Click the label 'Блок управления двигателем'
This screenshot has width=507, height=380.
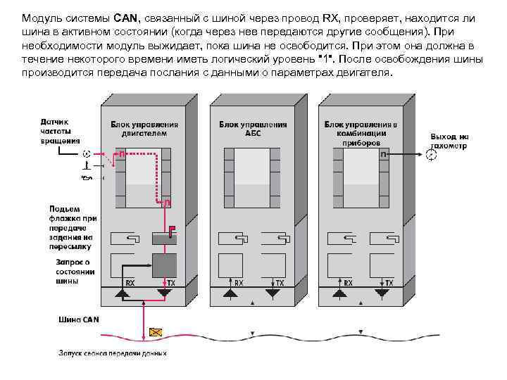144,129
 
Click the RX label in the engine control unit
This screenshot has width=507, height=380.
130,283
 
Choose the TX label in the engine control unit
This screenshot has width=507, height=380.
170,283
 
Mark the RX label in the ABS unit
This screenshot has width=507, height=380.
239,283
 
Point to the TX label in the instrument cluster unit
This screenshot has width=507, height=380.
389,283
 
